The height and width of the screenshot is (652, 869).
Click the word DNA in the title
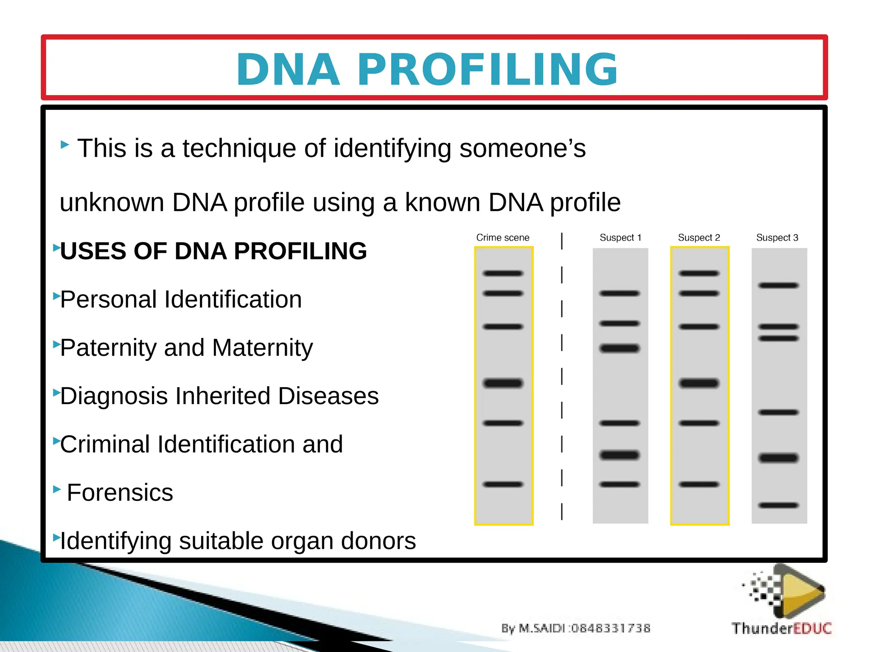coord(288,70)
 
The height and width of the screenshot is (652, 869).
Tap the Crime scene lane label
coord(503,238)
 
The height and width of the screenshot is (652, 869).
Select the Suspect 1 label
coord(620,238)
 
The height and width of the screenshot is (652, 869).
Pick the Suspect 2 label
coord(699,238)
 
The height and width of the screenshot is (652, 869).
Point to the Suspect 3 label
coord(777,238)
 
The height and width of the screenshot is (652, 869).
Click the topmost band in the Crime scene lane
coord(503,273)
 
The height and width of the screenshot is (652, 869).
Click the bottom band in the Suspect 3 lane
coord(779,505)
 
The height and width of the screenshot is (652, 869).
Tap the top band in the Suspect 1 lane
coord(620,293)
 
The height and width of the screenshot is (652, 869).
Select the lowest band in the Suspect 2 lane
coord(699,484)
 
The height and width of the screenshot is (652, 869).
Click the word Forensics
coord(120,493)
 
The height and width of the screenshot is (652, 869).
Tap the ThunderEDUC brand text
coord(781,628)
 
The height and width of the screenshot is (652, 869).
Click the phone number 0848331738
coord(611,628)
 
